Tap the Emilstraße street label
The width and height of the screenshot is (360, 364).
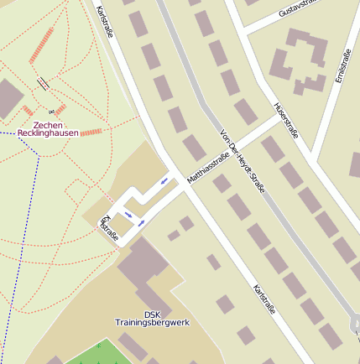(342, 65)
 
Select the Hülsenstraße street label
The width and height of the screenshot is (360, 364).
(286, 119)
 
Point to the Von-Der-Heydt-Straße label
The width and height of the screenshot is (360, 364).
(241, 162)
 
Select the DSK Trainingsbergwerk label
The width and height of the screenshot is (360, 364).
(152, 319)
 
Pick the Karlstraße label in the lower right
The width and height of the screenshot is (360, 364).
(263, 300)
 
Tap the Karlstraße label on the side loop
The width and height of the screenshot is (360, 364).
(109, 228)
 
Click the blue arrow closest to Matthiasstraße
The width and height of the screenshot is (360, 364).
(165, 180)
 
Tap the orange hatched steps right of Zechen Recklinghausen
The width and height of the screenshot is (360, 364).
(91, 133)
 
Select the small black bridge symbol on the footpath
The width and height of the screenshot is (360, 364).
(43, 82)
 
